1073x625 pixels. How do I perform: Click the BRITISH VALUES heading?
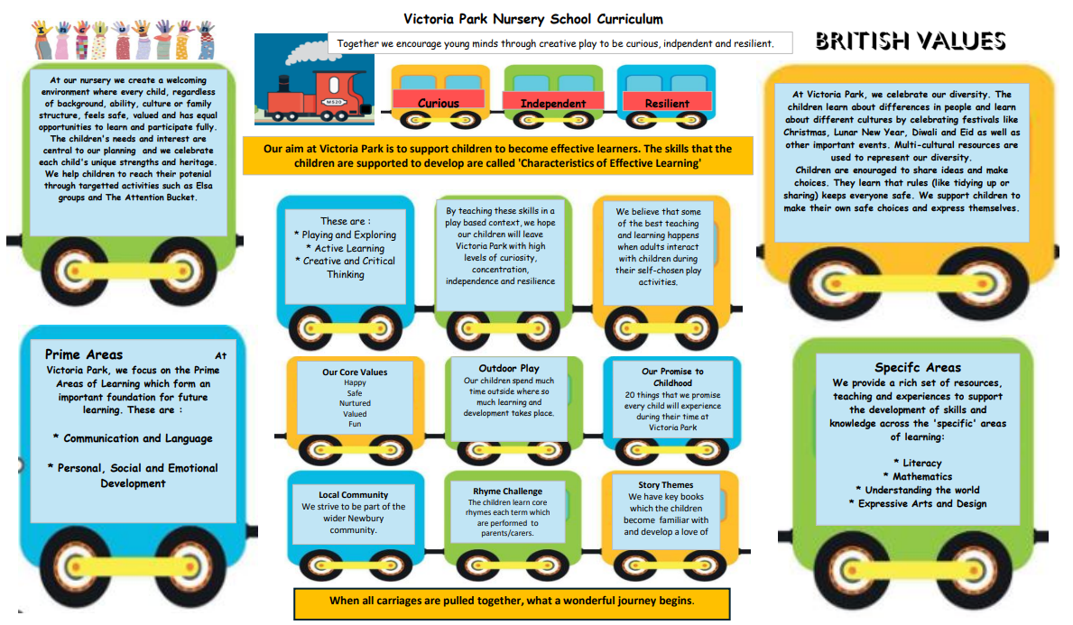[910, 41]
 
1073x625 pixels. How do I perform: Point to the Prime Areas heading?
[84, 354]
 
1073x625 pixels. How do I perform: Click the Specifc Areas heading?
[918, 367]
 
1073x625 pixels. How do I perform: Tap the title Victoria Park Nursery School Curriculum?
[532, 19]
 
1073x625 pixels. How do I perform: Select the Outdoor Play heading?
[509, 368]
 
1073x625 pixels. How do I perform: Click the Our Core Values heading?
[355, 372]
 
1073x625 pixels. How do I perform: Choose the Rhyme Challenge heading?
[505, 492]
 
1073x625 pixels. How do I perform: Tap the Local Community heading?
[353, 494]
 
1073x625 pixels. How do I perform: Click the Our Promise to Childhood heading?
[672, 377]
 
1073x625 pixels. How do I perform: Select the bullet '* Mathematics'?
[917, 476]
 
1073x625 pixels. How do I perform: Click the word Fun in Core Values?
[355, 424]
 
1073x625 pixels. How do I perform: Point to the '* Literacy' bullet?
[917, 463]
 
